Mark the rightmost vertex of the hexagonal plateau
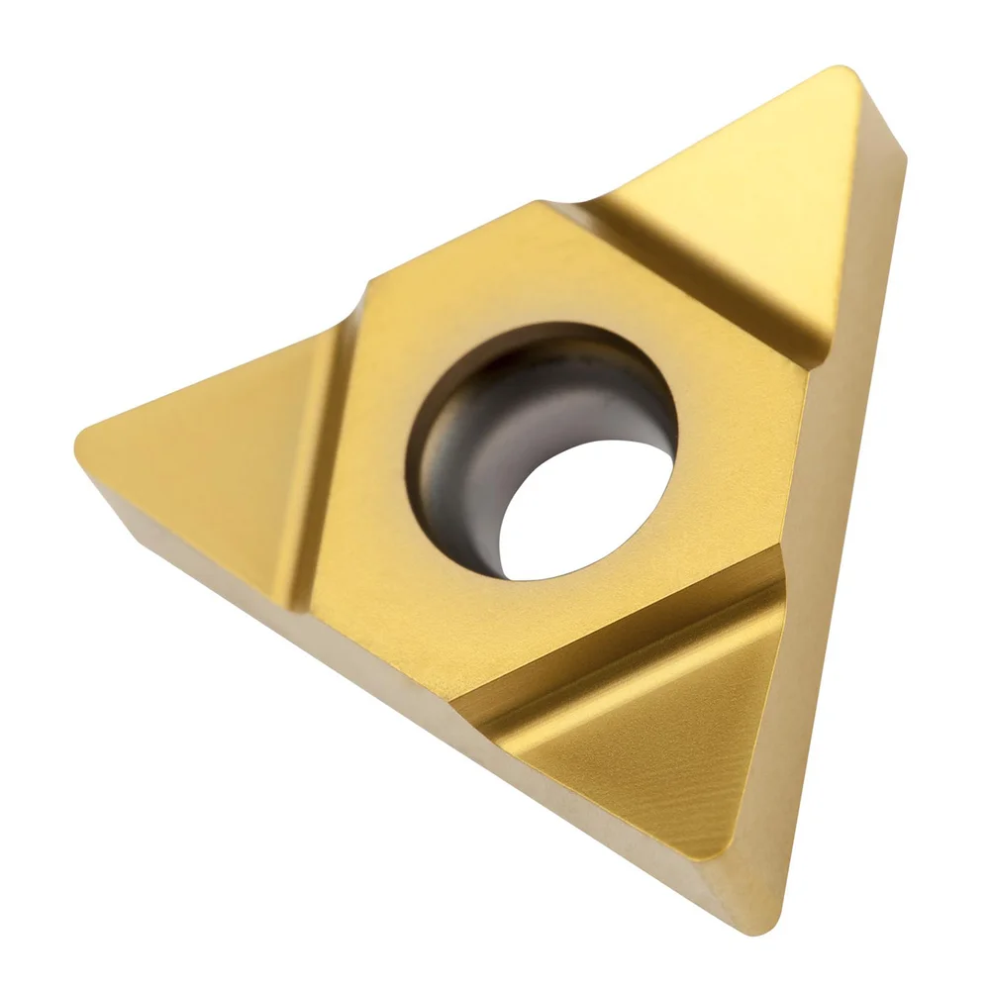pyautogui.click(x=807, y=371)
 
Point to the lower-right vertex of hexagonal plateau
pyautogui.click(x=782, y=554)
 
